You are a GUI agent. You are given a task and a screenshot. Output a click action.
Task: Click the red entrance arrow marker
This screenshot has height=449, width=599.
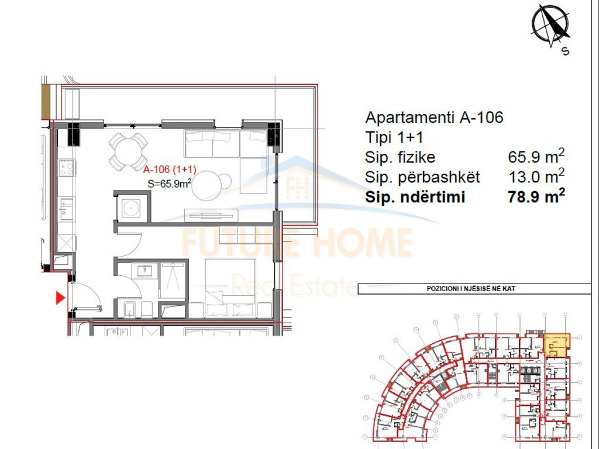point(59,298)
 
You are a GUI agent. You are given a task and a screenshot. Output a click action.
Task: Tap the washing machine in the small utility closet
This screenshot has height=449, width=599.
point(131,207)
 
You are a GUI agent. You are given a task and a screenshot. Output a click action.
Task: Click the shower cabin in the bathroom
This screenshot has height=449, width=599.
point(172,278)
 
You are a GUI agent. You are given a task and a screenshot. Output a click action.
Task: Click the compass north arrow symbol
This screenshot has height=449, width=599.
point(550,25)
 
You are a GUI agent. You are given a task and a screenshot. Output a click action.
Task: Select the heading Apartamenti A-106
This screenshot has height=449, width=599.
point(434,117)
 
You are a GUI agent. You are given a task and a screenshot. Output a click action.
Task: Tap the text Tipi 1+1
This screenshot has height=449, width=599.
point(394,137)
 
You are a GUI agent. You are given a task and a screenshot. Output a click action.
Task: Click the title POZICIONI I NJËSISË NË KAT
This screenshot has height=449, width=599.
point(474,288)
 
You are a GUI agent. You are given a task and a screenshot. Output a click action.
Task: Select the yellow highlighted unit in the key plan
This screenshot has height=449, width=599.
point(557,345)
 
